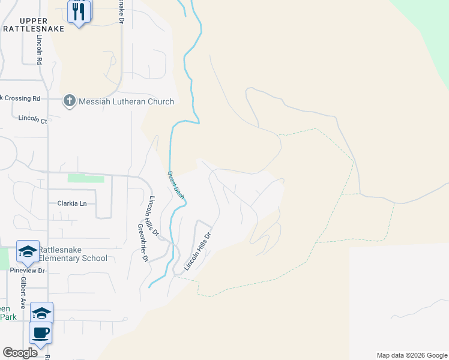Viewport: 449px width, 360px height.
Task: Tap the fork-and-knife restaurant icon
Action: (79, 11)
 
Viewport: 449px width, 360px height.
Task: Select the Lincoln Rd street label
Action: (39, 49)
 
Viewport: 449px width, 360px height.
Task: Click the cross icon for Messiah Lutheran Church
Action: (70, 101)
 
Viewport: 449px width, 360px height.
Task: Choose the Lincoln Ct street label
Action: (32, 119)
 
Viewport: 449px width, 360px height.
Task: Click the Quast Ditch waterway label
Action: (175, 185)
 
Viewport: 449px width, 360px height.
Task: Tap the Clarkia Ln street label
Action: (72, 203)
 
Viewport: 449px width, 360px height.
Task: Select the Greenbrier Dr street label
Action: (143, 243)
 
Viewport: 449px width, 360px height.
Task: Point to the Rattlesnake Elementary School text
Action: (73, 254)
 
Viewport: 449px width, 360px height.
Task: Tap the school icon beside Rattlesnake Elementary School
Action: (28, 253)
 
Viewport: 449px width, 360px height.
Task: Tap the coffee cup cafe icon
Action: (41, 332)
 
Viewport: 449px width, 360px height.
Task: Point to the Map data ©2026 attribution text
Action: (411, 355)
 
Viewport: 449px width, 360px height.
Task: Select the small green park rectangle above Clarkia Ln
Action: (86, 178)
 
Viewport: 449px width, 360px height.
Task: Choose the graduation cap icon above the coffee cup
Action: (41, 313)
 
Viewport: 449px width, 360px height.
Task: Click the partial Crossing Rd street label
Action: (21, 98)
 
